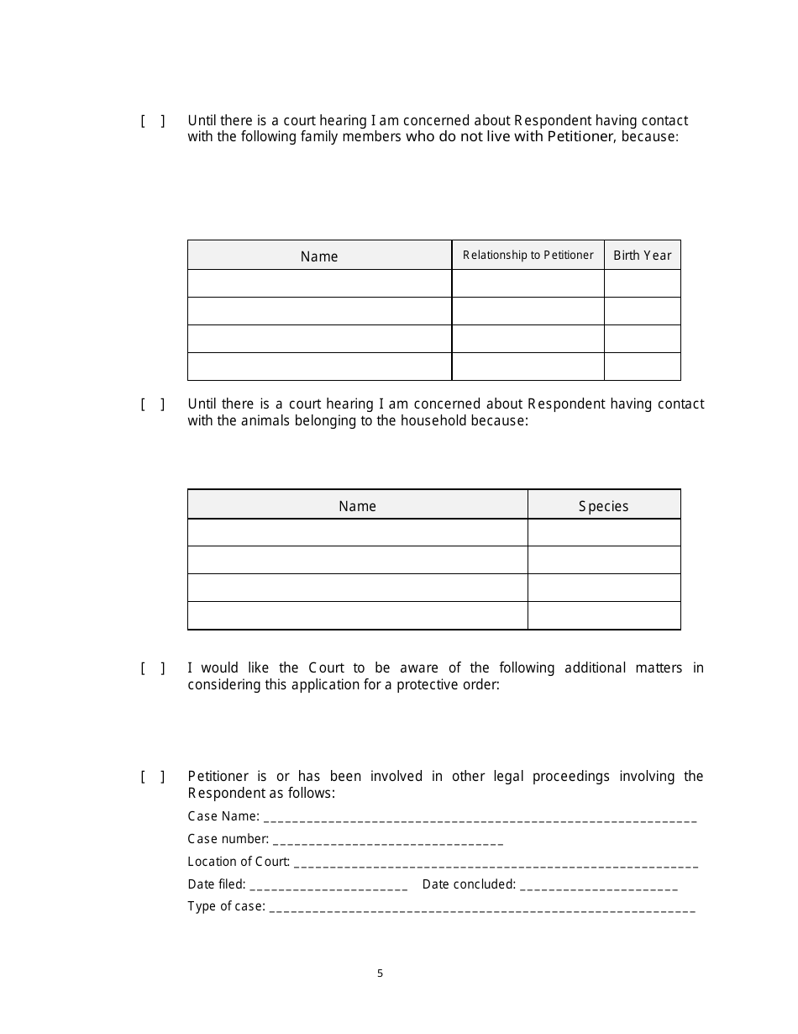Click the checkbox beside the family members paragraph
(152, 120)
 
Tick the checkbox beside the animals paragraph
(152, 404)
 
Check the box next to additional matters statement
(152, 668)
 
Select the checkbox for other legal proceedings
(152, 776)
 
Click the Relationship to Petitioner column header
(528, 256)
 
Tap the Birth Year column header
(642, 256)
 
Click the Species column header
(603, 506)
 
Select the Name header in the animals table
(357, 506)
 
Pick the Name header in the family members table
(319, 256)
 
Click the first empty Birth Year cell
(642, 283)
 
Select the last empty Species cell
(603, 615)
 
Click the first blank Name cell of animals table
(357, 533)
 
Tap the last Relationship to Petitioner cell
(528, 367)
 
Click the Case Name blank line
(480, 817)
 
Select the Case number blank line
(388, 840)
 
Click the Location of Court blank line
(496, 863)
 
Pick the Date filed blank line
(328, 885)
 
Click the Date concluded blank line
(599, 885)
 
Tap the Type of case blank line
(482, 907)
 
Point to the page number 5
(380, 973)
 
